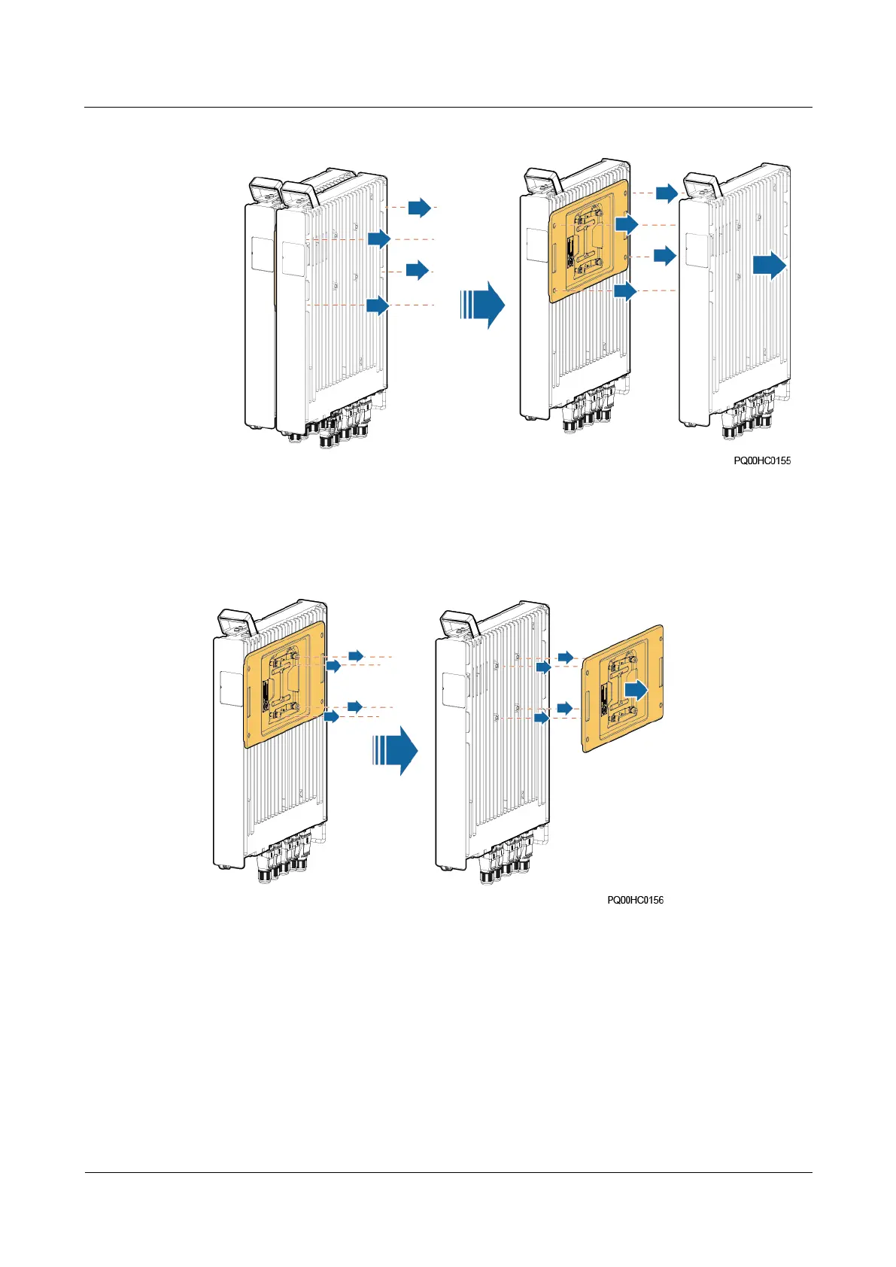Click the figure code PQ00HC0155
[x=762, y=460]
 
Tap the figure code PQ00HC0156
[x=635, y=900]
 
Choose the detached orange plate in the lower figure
[x=623, y=688]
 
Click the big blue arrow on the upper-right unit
[x=770, y=266]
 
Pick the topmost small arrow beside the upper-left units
[x=420, y=207]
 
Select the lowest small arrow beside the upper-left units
[x=378, y=305]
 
